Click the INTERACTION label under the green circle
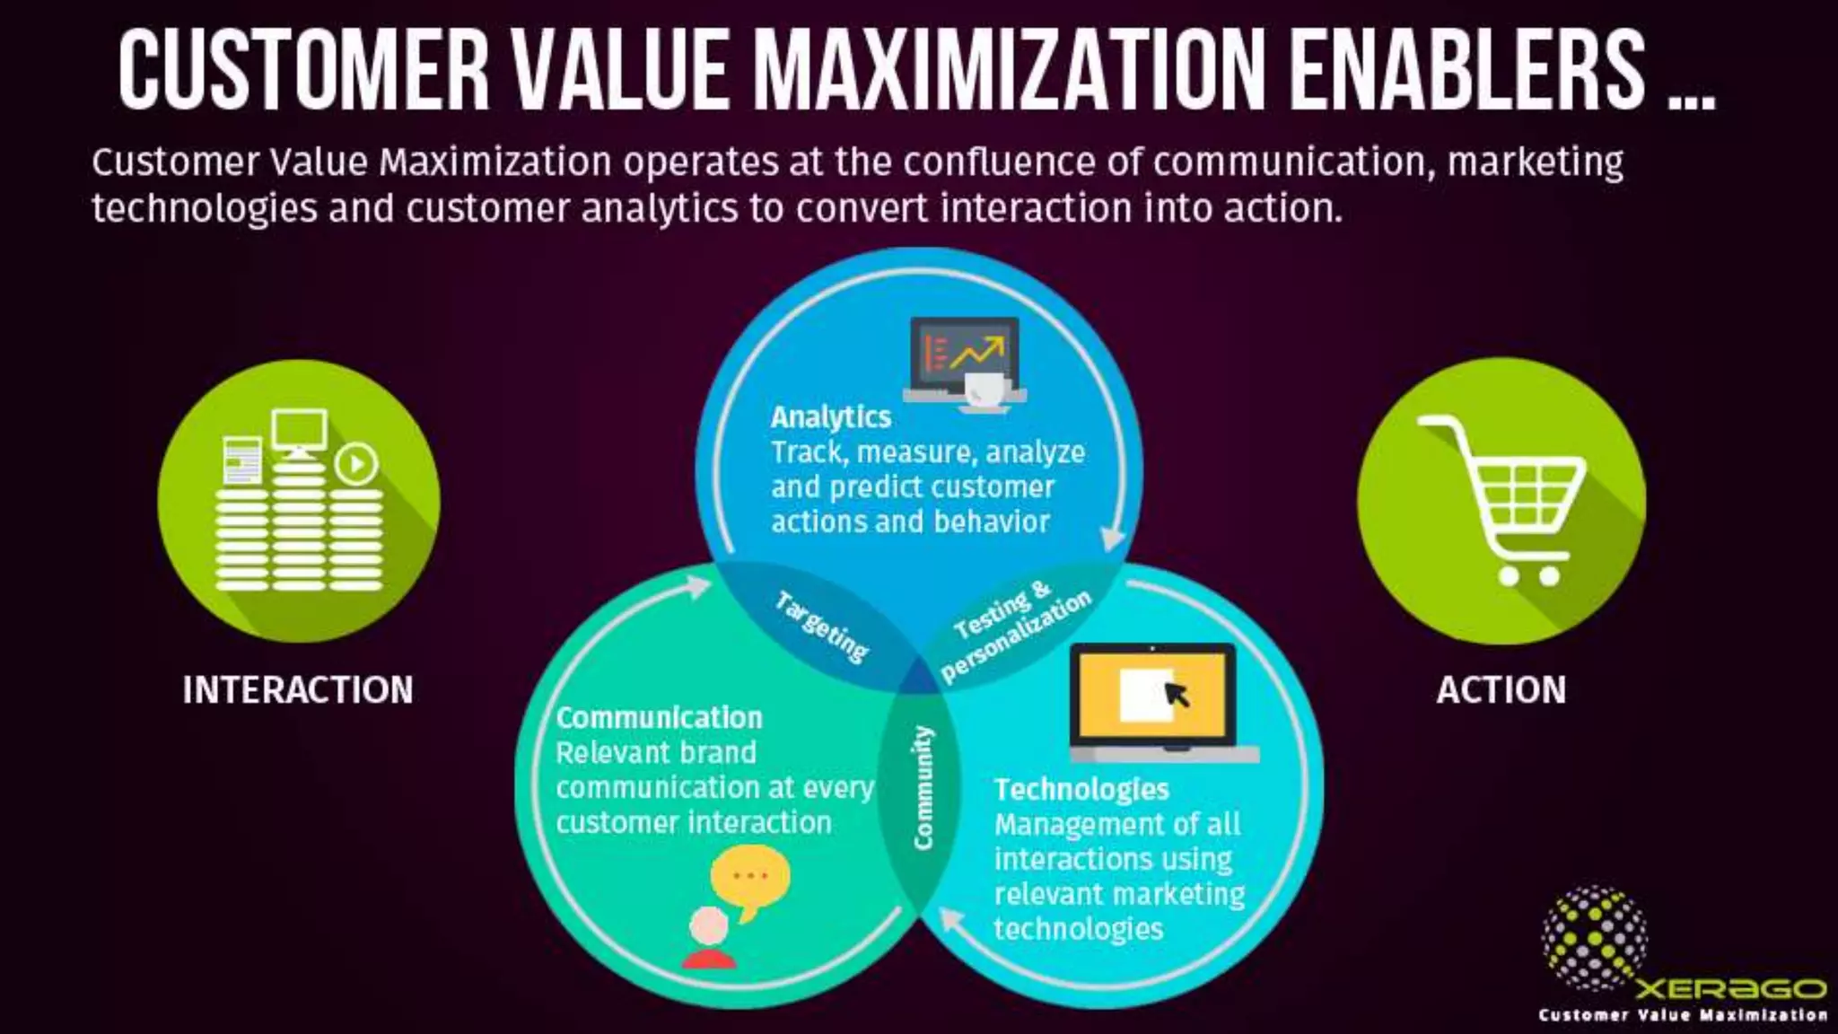pyautogui.click(x=298, y=690)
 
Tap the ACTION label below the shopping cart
pyautogui.click(x=1501, y=690)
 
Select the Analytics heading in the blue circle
pyautogui.click(x=830, y=417)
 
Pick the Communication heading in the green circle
pyautogui.click(x=659, y=718)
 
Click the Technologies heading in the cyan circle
pyautogui.click(x=1081, y=790)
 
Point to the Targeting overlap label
pyautogui.click(x=821, y=627)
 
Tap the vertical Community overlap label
pyautogui.click(x=923, y=788)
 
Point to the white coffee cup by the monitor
pyautogui.click(x=985, y=390)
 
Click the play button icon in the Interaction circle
pyautogui.click(x=357, y=464)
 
